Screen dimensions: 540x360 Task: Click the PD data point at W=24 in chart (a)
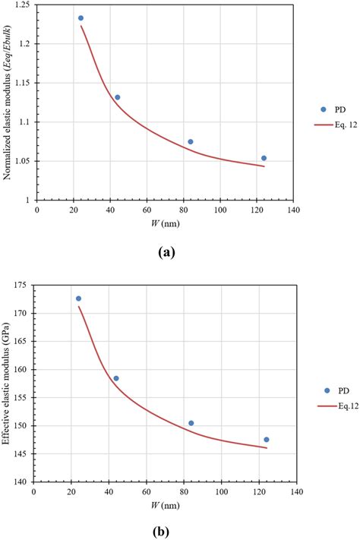coord(81,18)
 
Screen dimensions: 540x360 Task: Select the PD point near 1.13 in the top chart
coord(117,97)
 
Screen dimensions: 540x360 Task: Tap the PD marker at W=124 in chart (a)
coord(264,158)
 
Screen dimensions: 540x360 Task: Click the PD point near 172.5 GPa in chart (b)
coord(78,298)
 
